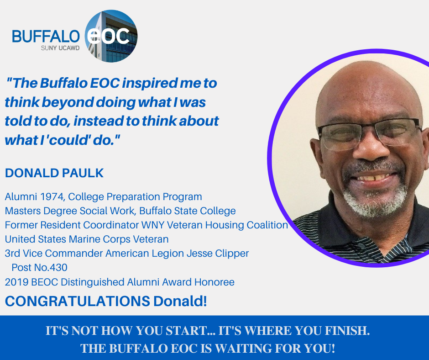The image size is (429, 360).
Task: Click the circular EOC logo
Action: (x=111, y=36)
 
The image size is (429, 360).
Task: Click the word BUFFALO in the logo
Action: (x=46, y=37)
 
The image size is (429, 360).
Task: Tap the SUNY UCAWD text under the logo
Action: (x=60, y=48)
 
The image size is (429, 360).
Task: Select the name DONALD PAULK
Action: (x=54, y=173)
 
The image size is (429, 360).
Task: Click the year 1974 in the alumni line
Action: (x=52, y=197)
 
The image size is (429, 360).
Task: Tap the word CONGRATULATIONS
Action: (x=78, y=301)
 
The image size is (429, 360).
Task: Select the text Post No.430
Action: (x=39, y=267)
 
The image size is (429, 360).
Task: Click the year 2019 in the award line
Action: (x=17, y=282)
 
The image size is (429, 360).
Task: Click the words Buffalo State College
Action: (x=188, y=211)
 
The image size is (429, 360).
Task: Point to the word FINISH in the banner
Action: (x=347, y=331)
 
